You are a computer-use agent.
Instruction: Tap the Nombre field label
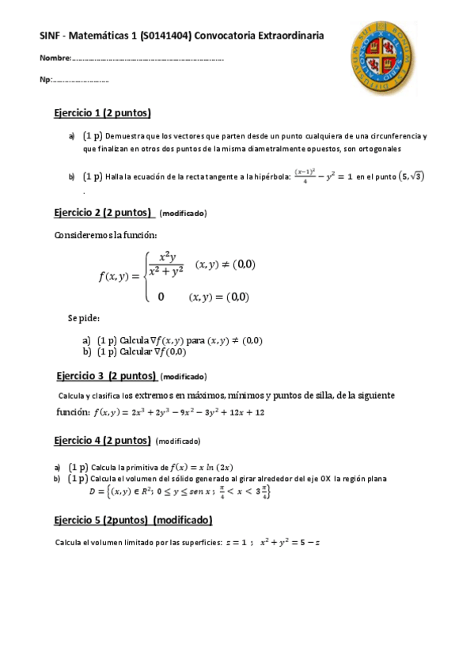point(55,59)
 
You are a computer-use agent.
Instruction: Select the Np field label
point(46,80)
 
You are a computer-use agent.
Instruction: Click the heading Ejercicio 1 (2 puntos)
point(102,112)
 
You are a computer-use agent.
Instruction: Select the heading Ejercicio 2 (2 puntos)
point(104,213)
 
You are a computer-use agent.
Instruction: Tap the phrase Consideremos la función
point(105,235)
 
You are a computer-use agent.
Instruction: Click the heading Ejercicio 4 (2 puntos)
point(102,440)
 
